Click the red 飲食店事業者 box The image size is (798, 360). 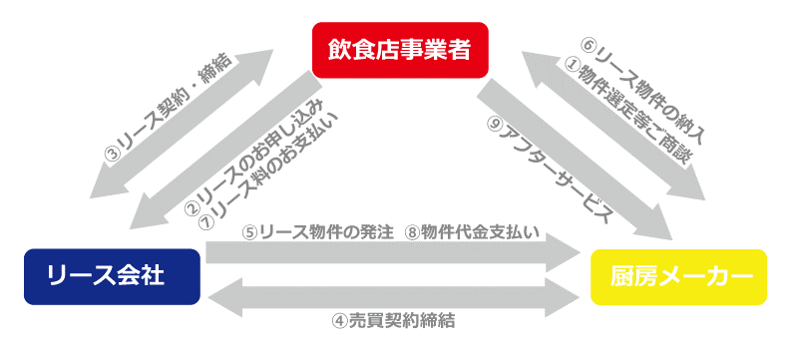pyautogui.click(x=400, y=50)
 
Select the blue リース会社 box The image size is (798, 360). pyautogui.click(x=112, y=276)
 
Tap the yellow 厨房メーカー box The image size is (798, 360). pyautogui.click(x=678, y=277)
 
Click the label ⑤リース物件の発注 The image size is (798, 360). pyautogui.click(x=318, y=232)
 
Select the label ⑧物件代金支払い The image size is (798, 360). pyautogui.click(x=475, y=232)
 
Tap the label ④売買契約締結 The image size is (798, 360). pyautogui.click(x=394, y=321)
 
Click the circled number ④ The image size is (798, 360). pyautogui.click(x=340, y=321)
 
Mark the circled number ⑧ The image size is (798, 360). pyautogui.click(x=413, y=232)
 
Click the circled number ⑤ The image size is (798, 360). pyautogui.click(x=251, y=232)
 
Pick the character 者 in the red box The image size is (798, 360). pyautogui.click(x=459, y=50)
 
